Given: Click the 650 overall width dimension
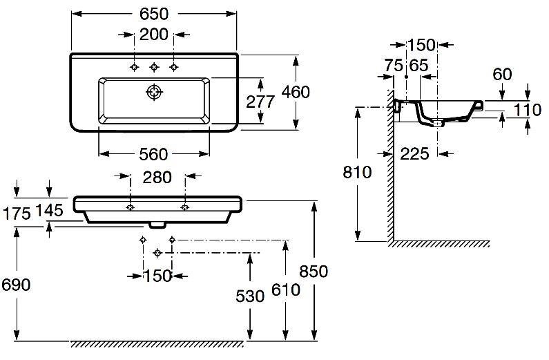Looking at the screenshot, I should point(155,14).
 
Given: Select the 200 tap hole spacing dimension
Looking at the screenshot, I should point(155,35).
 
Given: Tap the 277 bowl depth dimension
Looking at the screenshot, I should point(261,102).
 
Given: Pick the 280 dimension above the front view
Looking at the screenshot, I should point(157,178).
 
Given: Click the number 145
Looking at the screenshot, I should point(50,210).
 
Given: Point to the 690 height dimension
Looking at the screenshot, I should point(16,285).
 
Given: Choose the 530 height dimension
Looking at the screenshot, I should point(250,296).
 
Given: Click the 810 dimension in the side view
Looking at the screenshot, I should point(358,172).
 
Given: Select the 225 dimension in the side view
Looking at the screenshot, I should point(414,153).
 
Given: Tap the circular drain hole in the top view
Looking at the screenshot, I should point(153,93).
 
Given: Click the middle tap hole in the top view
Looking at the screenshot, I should point(155,67).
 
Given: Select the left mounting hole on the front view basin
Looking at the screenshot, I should point(131,207).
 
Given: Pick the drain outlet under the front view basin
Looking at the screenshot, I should point(158,225).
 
